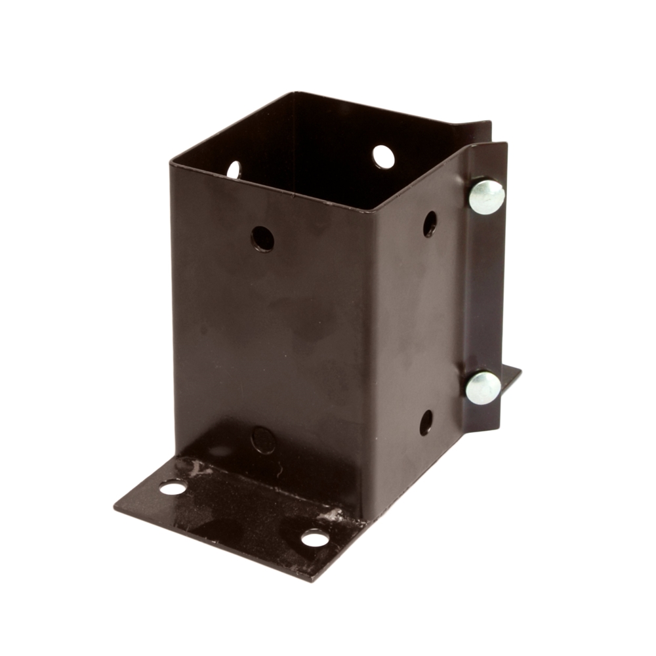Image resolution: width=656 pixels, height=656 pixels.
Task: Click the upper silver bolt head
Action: [486, 196]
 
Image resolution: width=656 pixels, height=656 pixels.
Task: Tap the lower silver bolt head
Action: [483, 387]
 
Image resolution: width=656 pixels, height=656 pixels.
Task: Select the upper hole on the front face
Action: [262, 239]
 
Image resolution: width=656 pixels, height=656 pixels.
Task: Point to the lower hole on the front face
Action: [263, 440]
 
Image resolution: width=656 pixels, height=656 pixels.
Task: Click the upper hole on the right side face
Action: [430, 224]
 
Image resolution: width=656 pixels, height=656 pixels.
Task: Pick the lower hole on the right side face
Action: [426, 422]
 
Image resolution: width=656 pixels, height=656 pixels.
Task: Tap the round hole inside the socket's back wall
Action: [384, 157]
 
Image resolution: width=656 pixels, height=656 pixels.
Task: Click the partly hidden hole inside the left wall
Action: [234, 170]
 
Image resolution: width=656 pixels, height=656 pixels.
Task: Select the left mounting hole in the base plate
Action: [173, 487]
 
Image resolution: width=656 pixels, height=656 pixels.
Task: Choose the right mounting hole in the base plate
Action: [315, 538]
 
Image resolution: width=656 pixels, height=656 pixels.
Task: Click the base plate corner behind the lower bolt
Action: [519, 371]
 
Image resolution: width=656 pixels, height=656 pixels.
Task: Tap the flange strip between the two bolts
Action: [485, 289]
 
